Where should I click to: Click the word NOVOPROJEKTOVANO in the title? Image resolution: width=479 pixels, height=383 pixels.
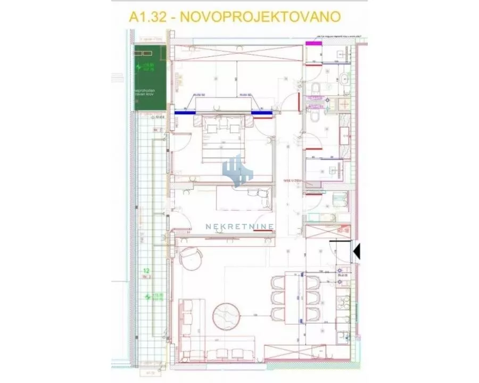pos(261,16)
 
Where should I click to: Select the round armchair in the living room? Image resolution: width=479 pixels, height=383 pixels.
pos(190,259)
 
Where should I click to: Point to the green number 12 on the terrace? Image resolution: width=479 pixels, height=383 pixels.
pos(146,271)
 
